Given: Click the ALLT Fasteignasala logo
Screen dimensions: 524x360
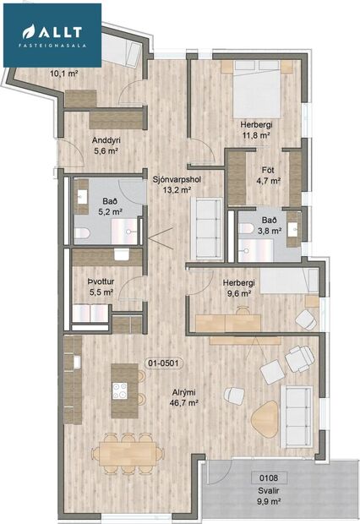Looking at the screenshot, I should pyautogui.click(x=52, y=34).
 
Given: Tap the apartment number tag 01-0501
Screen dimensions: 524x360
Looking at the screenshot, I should pyautogui.click(x=166, y=363).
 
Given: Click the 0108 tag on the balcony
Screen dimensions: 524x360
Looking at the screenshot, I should pyautogui.click(x=269, y=477).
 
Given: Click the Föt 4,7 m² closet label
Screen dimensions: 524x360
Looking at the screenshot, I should pyautogui.click(x=268, y=174).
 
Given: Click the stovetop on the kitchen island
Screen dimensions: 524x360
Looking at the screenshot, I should pyautogui.click(x=120, y=390).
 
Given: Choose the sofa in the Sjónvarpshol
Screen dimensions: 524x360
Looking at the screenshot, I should pyautogui.click(x=208, y=221).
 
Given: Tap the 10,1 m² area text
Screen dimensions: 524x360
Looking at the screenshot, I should pyautogui.click(x=64, y=74).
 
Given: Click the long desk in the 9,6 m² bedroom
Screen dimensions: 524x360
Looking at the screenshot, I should pyautogui.click(x=232, y=322).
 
